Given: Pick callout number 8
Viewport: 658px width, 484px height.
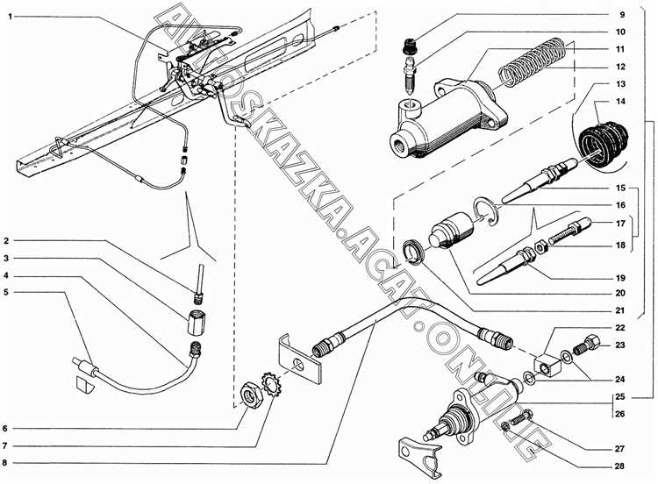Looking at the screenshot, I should click(x=7, y=462).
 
